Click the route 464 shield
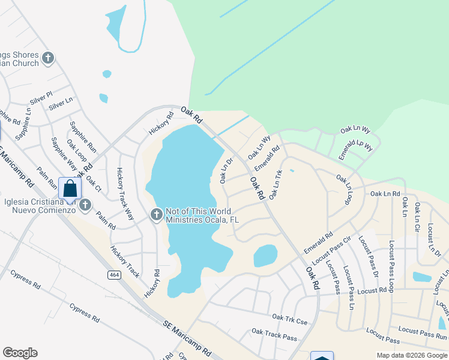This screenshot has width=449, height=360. click(x=113, y=274)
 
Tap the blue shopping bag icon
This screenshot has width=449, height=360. click(x=70, y=188)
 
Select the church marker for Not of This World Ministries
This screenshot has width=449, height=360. click(x=157, y=214)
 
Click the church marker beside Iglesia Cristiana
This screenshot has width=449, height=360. click(x=85, y=205)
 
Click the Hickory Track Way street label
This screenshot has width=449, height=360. click(x=124, y=194)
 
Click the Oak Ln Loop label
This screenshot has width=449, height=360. click(x=344, y=189)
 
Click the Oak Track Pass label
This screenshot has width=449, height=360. click(x=274, y=334)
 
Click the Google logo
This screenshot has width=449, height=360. click(x=20, y=353)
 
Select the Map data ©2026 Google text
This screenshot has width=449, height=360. click(x=411, y=355)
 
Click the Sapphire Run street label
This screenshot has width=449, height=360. click(x=83, y=137)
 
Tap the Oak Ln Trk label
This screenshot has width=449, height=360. click(x=276, y=185)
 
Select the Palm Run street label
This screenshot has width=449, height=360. click(x=46, y=178)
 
